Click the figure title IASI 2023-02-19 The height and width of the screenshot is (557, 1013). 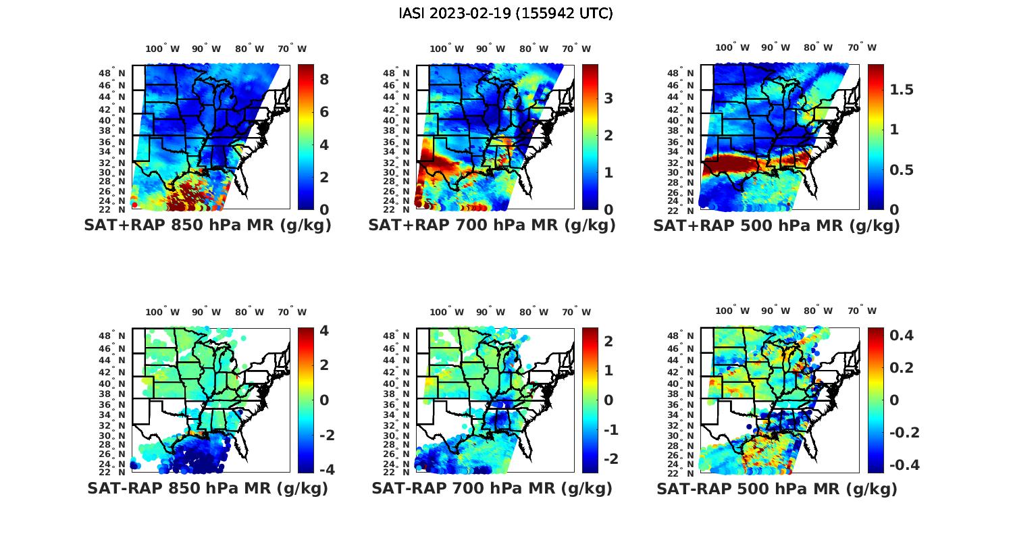point(506,14)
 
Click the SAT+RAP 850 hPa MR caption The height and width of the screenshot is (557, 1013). point(207,226)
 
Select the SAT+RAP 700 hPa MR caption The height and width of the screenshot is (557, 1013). point(492,226)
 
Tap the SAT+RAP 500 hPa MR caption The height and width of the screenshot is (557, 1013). point(777,226)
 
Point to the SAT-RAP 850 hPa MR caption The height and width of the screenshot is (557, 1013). point(207,488)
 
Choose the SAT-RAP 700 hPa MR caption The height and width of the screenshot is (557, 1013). point(492,488)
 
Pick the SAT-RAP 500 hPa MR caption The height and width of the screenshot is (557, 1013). point(777,488)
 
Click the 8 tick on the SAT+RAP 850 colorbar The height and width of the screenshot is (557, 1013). point(324,80)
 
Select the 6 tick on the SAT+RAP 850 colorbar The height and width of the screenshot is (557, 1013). point(324,112)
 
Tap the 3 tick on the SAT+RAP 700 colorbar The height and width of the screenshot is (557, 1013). point(608,99)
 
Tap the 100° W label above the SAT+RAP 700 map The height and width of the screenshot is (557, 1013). point(446,49)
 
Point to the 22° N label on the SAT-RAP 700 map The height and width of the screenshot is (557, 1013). point(397,473)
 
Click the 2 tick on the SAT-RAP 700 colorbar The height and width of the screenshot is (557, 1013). point(608,342)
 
